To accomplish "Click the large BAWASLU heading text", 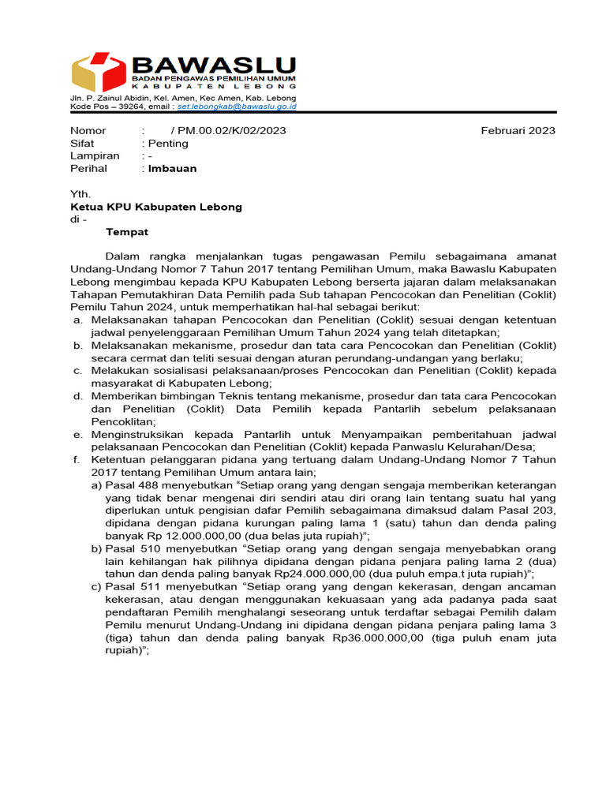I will (x=214, y=65).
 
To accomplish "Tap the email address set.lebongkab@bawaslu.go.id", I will (x=237, y=105).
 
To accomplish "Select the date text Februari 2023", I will (x=518, y=130).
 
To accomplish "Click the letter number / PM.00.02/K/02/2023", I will (x=228, y=130).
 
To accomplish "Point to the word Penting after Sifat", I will (x=168, y=143).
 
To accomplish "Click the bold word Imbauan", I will (x=172, y=168).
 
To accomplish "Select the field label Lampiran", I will (x=95, y=155).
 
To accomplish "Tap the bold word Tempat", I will (x=127, y=232).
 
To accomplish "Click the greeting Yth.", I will (x=80, y=194).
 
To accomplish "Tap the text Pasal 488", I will (x=133, y=484).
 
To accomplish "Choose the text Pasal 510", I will (x=133, y=548).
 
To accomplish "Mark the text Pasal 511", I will (x=133, y=587).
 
